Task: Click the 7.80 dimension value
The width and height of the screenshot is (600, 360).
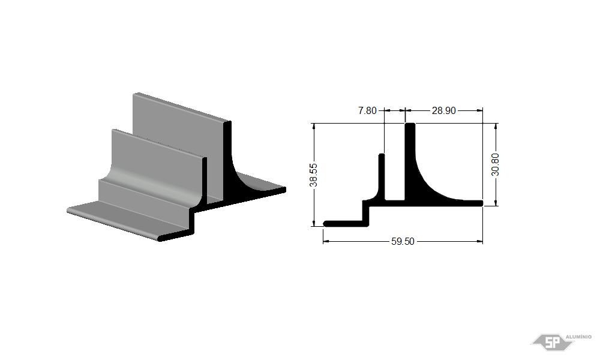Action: [x=367, y=110]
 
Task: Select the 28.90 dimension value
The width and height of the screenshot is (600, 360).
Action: [x=444, y=110]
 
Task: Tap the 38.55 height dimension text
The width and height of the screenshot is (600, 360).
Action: [x=314, y=175]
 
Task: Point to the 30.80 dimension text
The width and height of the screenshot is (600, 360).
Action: [x=495, y=164]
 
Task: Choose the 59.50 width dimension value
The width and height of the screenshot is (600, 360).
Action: [x=403, y=241]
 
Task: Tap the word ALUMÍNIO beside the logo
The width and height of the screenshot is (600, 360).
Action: [x=578, y=337]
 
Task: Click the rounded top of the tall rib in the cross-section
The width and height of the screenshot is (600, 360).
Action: [x=410, y=124]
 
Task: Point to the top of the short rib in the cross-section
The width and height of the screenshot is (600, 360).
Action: [x=382, y=155]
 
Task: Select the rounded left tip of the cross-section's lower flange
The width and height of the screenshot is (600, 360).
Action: [x=325, y=224]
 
